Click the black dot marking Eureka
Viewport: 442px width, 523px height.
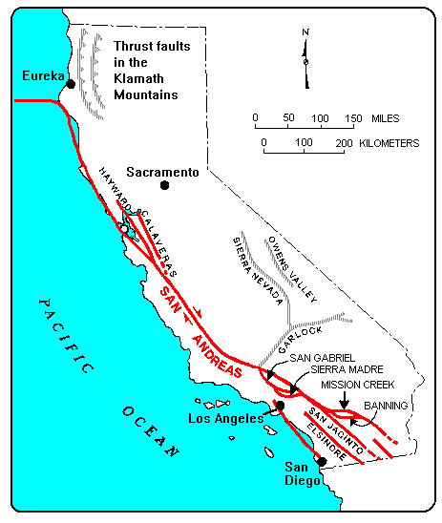(x=71, y=85)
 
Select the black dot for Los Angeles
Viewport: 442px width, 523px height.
(x=281, y=406)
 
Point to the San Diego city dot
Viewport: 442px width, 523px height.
(x=322, y=462)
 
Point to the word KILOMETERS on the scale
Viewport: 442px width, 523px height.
(x=387, y=142)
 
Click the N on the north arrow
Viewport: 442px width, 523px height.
(x=305, y=31)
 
